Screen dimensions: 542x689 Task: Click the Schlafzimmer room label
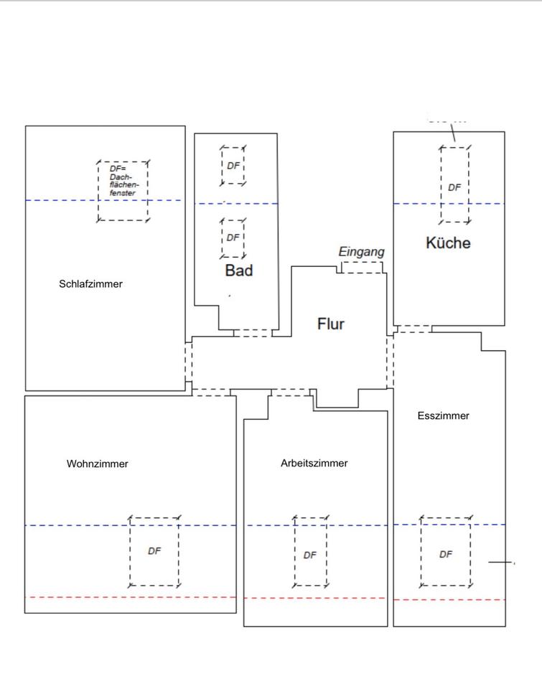tap(90, 284)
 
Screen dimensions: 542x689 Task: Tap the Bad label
tap(239, 271)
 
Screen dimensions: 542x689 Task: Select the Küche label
tap(448, 243)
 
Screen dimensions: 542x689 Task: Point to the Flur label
tap(331, 324)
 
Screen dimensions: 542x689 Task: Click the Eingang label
tap(362, 252)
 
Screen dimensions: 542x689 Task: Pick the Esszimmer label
tap(443, 416)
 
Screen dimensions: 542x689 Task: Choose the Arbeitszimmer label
tap(314, 464)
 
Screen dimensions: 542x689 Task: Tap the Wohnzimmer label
tap(98, 464)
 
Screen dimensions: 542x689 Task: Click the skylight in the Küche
tap(454, 184)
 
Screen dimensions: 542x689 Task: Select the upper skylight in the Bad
tap(233, 166)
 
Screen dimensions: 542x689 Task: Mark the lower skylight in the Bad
tap(233, 238)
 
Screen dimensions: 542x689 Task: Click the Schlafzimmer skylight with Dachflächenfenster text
tap(123, 190)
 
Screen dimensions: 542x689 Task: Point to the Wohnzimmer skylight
tap(154, 551)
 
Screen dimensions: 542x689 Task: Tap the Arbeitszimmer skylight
tap(310, 551)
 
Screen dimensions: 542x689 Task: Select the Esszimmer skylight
tap(446, 551)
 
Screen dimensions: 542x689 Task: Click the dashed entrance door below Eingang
tap(362, 268)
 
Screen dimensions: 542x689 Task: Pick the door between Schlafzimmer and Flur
tap(189, 362)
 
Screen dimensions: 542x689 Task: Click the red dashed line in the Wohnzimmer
tap(130, 597)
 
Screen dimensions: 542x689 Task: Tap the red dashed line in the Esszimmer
tap(449, 599)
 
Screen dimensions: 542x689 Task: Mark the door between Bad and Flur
tap(253, 333)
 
